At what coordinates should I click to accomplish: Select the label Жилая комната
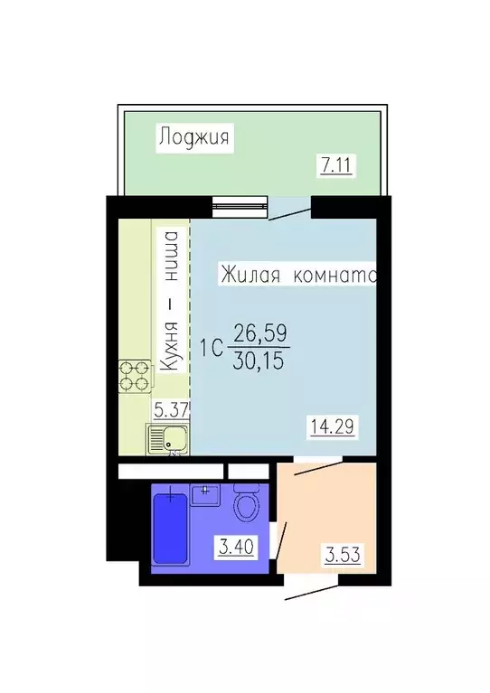[x=297, y=276]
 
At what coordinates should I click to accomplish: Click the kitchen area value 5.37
[x=170, y=408]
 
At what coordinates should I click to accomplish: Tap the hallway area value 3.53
[x=343, y=554]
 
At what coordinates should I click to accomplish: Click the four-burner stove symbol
[x=134, y=375]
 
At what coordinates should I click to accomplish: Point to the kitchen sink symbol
[x=167, y=441]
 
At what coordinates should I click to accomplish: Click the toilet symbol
[x=246, y=503]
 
